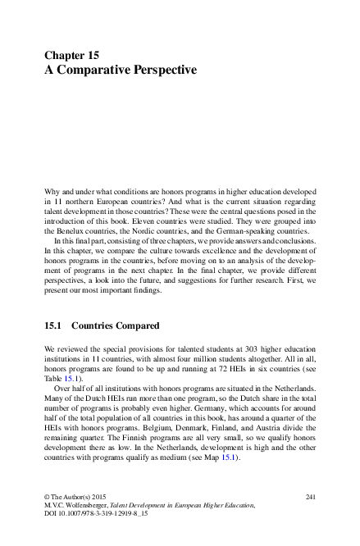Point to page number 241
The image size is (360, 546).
tap(310, 497)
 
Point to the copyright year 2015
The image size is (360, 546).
tap(99, 497)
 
